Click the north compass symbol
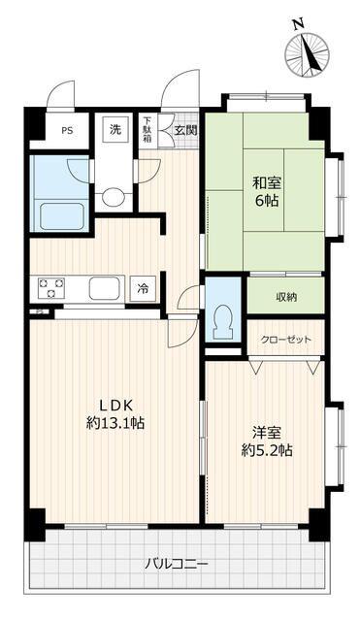click(x=308, y=51)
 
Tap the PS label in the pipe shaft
click(x=67, y=131)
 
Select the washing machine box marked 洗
click(x=115, y=129)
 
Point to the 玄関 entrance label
click(x=186, y=130)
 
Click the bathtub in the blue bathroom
click(x=62, y=216)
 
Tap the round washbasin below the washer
click(x=113, y=197)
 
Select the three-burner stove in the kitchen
click(x=51, y=287)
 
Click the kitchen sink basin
click(x=104, y=288)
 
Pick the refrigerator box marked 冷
click(x=143, y=289)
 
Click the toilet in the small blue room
click(x=223, y=321)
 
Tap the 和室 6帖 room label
click(x=267, y=192)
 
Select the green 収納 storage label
click(x=286, y=298)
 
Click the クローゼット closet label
click(x=286, y=340)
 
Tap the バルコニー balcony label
click(x=177, y=563)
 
